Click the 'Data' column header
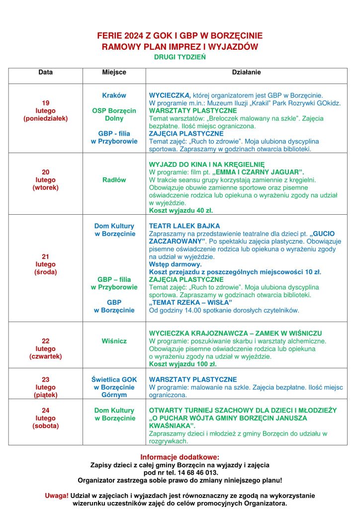tap(45, 73)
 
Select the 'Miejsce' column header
tap(114, 73)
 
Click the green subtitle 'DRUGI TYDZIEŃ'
tap(180, 57)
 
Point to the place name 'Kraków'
tap(114, 95)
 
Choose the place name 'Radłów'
tap(114, 180)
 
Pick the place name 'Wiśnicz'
tap(114, 341)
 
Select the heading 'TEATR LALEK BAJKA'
tap(184, 226)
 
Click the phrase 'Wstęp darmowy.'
tap(172, 264)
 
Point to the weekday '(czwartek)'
tap(45, 356)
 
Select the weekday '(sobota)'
tap(45, 425)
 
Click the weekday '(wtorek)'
tap(45, 187)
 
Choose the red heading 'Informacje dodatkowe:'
tap(180, 457)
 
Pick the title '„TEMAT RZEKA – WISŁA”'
tap(190, 303)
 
